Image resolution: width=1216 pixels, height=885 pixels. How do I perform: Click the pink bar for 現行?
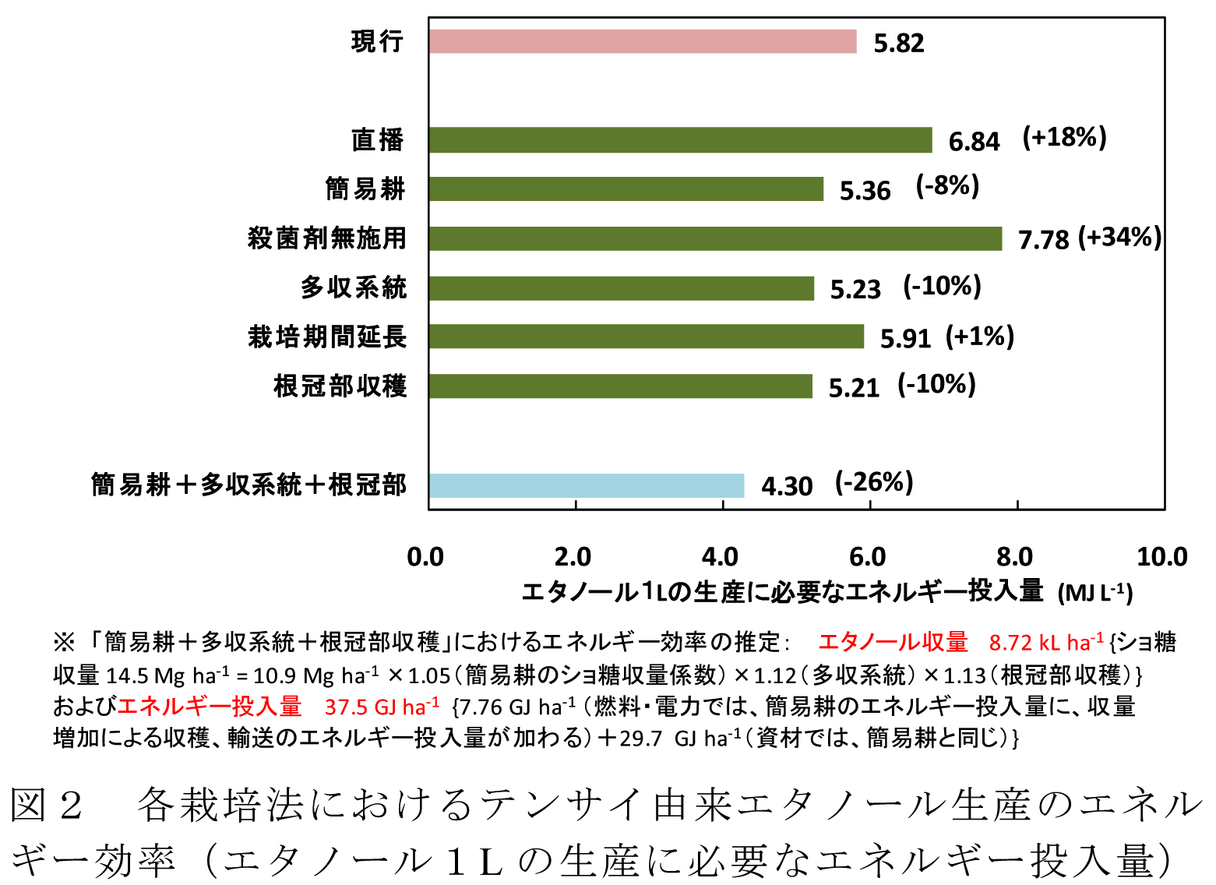[x=642, y=41]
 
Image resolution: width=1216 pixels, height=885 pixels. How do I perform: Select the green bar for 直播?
[x=679, y=140]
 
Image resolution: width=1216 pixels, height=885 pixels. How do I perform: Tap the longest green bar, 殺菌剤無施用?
[x=714, y=238]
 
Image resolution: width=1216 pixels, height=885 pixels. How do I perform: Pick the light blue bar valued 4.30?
[x=586, y=485]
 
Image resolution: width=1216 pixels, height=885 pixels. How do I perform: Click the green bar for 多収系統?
[x=621, y=288]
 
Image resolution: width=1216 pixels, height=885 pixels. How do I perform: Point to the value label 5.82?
[x=898, y=43]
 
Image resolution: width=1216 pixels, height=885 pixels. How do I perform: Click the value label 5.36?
[x=864, y=191]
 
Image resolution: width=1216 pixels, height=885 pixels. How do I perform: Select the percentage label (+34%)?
[x=1119, y=238]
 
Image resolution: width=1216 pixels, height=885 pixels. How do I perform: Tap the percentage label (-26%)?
[x=873, y=483]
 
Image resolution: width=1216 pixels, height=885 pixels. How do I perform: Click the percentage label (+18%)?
[x=1064, y=138]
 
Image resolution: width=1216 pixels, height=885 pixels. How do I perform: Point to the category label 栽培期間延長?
[x=327, y=337]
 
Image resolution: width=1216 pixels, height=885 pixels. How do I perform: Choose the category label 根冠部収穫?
[x=340, y=386]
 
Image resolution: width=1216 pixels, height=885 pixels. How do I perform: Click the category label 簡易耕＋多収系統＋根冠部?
[x=248, y=485]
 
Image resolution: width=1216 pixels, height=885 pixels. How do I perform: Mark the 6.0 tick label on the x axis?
[x=867, y=557]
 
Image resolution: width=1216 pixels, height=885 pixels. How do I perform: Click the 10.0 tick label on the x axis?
[x=1161, y=557]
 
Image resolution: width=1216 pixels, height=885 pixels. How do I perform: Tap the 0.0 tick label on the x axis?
[x=425, y=557]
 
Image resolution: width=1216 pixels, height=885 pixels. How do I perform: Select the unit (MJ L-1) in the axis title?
[x=1094, y=593]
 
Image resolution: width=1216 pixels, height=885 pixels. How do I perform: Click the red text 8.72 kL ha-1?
[x=1046, y=643]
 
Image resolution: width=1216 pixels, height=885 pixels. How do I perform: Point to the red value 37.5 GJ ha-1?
[x=382, y=707]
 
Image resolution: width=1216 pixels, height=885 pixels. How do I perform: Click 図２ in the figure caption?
[x=47, y=805]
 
